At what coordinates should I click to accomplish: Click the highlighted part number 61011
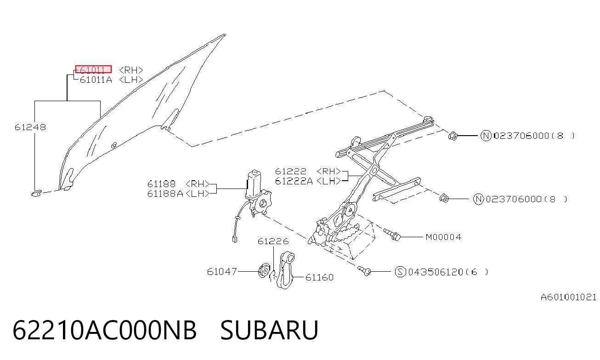coord(93,69)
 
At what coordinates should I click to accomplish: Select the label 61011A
coord(96,80)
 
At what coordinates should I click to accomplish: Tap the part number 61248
coord(30,127)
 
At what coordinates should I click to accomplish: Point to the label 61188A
coord(165,194)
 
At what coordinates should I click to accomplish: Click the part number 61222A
coord(294,181)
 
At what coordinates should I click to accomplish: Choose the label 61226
coord(273,241)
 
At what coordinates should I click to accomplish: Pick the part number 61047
coord(222,272)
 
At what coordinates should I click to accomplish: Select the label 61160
coord(320,277)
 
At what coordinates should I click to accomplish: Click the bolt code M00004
coord(444,237)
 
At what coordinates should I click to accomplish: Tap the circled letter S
coord(401,272)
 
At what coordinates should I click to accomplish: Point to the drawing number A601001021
coord(568,297)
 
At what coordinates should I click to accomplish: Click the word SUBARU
coord(269,330)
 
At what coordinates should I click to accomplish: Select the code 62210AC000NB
coord(105,330)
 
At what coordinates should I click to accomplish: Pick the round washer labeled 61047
coord(263,271)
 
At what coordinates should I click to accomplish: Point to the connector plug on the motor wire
coord(235,239)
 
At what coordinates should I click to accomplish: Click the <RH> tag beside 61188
coord(198,184)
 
